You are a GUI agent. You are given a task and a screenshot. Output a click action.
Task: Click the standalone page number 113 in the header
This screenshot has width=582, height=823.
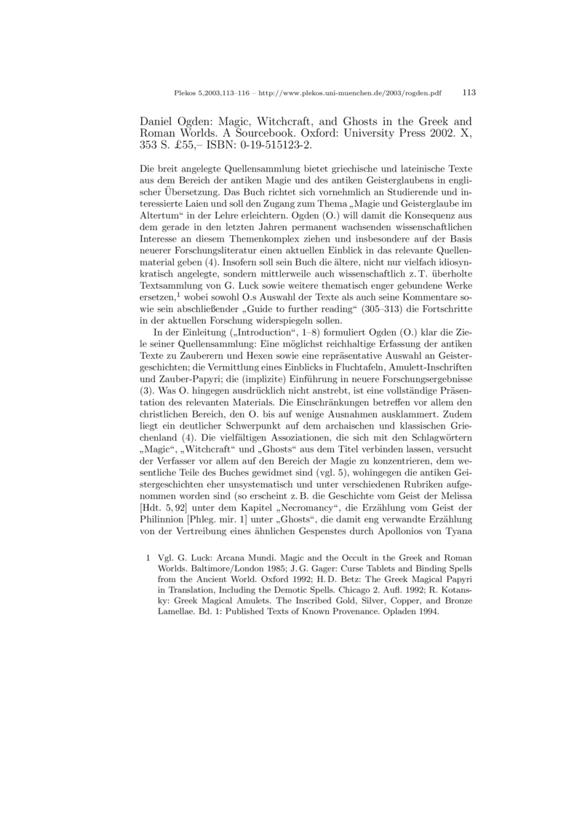tap(469, 93)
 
